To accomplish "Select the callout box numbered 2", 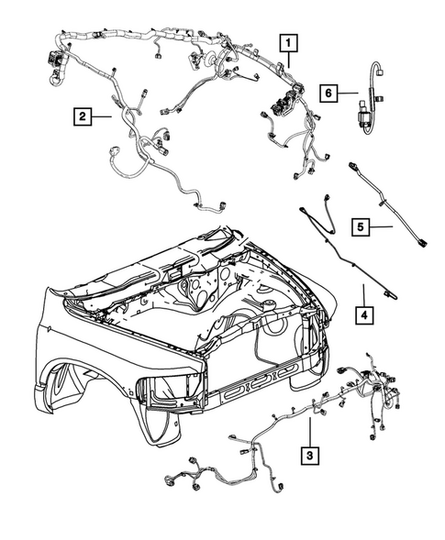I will (83, 116).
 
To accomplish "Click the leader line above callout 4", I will (363, 295).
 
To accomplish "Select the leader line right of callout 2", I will (104, 116).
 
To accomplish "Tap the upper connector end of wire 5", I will (353, 168).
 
